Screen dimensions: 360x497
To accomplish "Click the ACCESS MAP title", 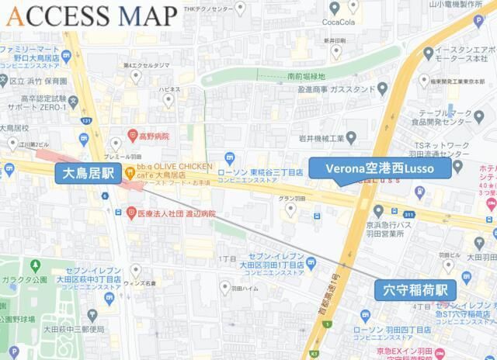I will pos(91,16).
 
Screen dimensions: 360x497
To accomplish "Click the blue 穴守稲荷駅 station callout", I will pos(415,289).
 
